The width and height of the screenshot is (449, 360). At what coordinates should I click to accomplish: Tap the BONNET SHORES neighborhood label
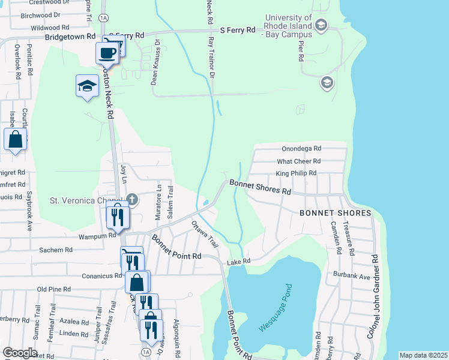point(337,214)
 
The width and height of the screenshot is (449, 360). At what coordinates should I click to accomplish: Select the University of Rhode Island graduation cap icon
point(321,25)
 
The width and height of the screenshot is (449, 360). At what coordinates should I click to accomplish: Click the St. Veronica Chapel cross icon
point(131,200)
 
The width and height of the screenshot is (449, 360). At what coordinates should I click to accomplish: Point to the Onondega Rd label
point(301,148)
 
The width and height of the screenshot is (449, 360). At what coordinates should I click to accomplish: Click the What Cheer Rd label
point(298,161)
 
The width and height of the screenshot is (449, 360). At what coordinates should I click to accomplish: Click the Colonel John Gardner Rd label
point(373,304)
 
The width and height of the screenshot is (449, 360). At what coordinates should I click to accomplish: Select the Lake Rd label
point(238,262)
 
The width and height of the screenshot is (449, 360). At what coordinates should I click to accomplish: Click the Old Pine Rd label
point(55,289)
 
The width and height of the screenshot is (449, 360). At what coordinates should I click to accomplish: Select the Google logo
point(20,353)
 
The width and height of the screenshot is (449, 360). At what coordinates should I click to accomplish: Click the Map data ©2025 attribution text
point(423,355)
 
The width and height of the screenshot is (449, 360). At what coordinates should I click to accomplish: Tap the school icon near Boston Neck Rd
point(87,85)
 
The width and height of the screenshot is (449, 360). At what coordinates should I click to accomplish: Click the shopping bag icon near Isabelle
point(15,139)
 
